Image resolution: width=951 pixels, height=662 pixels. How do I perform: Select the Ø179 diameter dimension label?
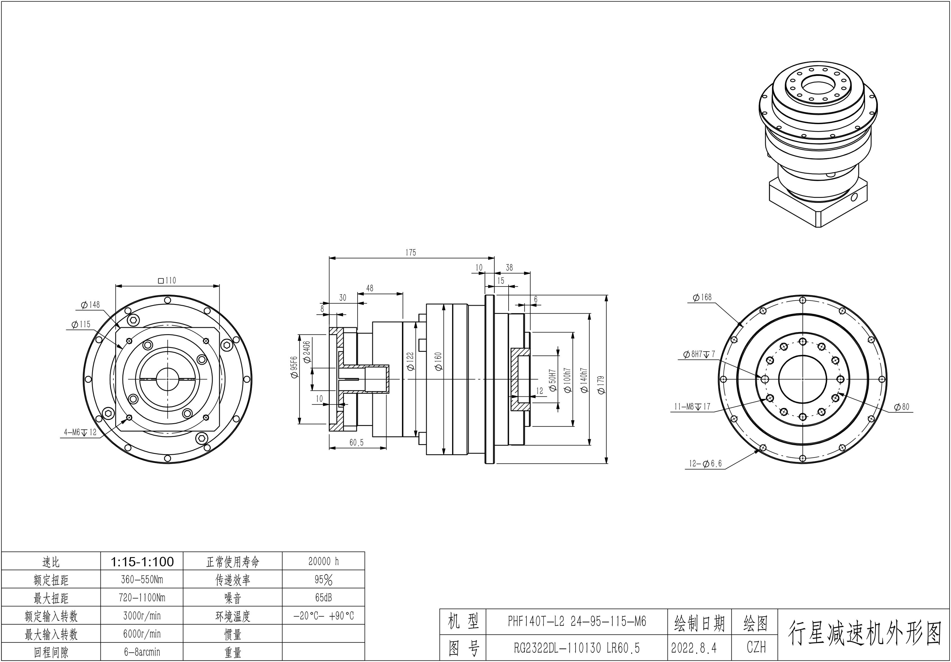pyautogui.click(x=601, y=385)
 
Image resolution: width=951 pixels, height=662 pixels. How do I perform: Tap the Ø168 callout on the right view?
pyautogui.click(x=702, y=297)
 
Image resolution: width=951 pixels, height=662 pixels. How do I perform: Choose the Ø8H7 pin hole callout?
pyautogui.click(x=699, y=354)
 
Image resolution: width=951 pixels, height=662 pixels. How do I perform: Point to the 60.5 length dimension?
pyautogui.click(x=356, y=443)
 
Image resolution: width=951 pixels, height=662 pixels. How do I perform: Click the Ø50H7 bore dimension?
pyautogui.click(x=552, y=380)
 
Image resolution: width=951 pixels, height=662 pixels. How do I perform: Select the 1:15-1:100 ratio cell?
pyautogui.click(x=142, y=561)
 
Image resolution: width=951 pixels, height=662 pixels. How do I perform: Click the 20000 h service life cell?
pyautogui.click(x=323, y=561)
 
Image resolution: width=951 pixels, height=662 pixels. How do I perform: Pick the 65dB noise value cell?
pyautogui.click(x=323, y=598)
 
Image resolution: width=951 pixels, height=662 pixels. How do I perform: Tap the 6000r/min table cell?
pyautogui.click(x=142, y=634)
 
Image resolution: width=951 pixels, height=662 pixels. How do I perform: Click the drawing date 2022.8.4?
pyautogui.click(x=694, y=648)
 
